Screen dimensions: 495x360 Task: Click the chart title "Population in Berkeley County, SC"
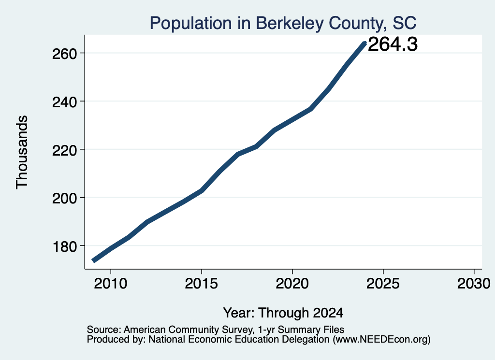click(x=283, y=23)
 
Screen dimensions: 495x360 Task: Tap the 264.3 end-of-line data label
click(x=393, y=44)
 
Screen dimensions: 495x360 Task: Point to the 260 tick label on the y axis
click(x=65, y=54)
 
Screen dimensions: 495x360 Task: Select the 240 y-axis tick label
click(x=65, y=102)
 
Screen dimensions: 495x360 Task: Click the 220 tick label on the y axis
click(x=65, y=150)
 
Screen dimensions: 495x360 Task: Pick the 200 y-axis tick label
click(x=65, y=199)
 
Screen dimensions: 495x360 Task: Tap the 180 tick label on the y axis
click(x=65, y=247)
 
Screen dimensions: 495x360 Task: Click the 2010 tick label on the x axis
click(x=111, y=284)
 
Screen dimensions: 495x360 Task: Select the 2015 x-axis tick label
click(x=202, y=284)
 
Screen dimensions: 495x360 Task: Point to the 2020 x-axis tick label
click(x=292, y=284)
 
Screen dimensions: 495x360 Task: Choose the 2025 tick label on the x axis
click(x=383, y=284)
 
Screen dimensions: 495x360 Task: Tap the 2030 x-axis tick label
click(x=474, y=284)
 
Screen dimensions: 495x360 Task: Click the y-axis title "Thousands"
click(x=22, y=152)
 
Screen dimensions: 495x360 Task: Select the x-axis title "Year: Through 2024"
click(x=283, y=313)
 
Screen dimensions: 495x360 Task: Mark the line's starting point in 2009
click(x=93, y=260)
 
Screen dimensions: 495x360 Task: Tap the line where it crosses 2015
click(x=202, y=190)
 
